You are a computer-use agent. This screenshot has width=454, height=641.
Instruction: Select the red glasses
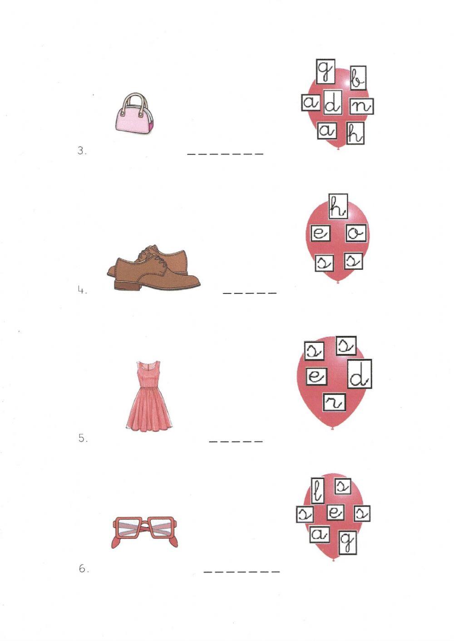pos(145,532)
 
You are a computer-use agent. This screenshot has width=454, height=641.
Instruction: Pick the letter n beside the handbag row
pos(361,106)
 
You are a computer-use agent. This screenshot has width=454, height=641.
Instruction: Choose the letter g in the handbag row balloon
pos(325,72)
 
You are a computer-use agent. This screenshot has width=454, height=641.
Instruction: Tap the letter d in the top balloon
pos(332,104)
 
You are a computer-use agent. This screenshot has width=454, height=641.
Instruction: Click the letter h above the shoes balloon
pos(337,206)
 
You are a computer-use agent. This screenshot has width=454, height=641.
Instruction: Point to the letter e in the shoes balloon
pos(320,234)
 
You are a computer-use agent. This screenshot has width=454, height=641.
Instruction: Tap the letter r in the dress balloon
pos(334,401)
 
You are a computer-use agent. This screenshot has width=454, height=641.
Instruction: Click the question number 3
pos(82,151)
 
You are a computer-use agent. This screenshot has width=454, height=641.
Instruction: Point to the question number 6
pos(84,569)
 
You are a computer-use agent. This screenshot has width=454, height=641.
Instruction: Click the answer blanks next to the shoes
pos(249,293)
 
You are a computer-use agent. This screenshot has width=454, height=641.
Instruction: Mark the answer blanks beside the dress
pos(236,441)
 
